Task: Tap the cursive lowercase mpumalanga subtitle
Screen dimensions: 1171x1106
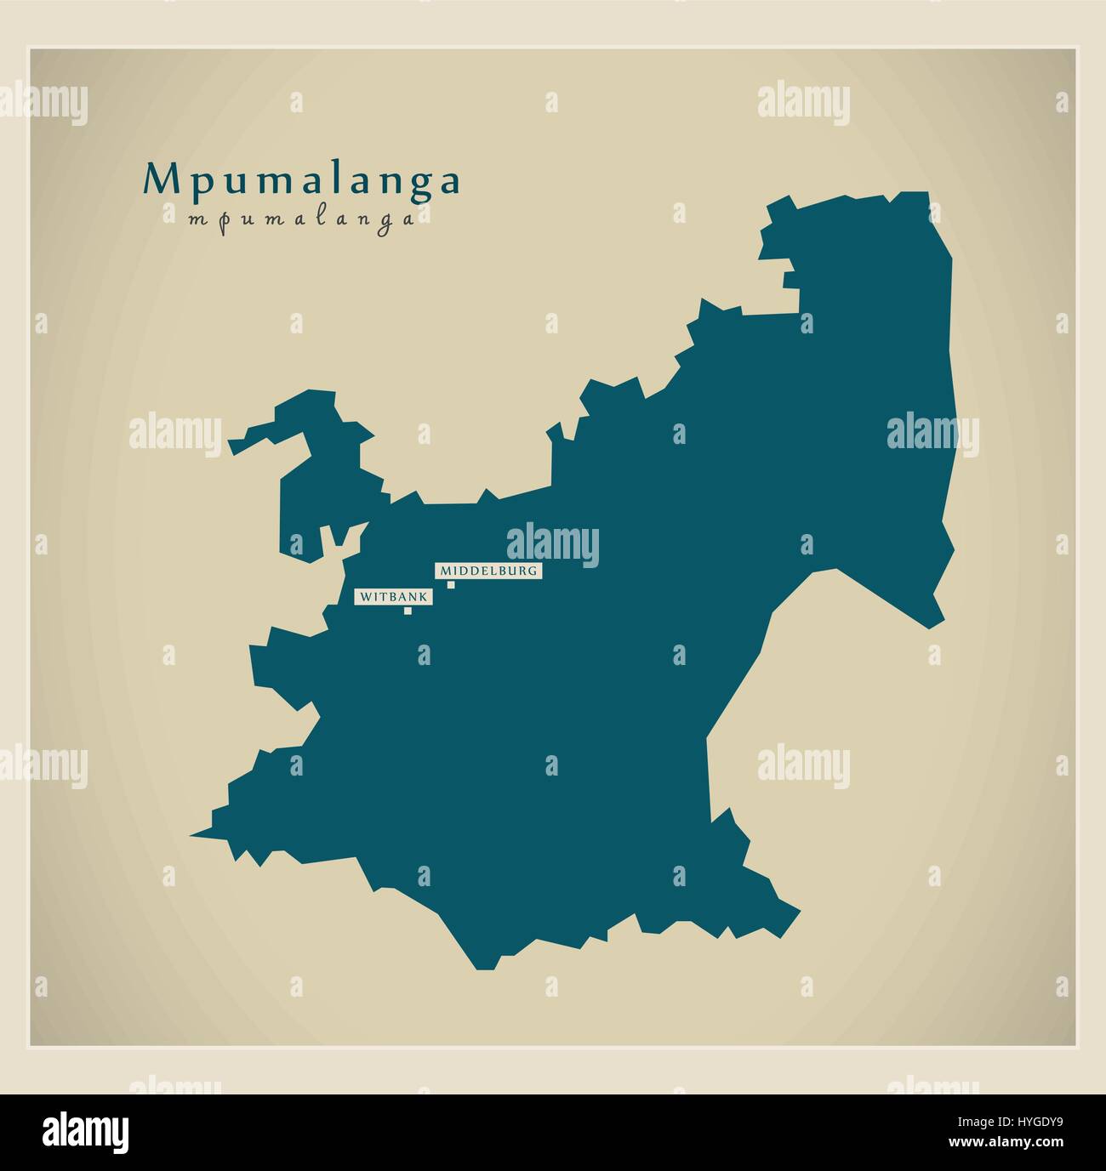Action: pos(302,219)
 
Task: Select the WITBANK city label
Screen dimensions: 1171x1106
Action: pos(392,597)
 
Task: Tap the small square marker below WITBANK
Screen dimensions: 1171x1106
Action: pos(408,610)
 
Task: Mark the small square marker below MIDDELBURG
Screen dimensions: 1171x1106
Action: pos(451,584)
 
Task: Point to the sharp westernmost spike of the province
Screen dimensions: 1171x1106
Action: pos(192,836)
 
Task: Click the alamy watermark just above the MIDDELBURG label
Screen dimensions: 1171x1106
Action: pos(553,545)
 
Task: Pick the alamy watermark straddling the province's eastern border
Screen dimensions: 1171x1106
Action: pos(932,435)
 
